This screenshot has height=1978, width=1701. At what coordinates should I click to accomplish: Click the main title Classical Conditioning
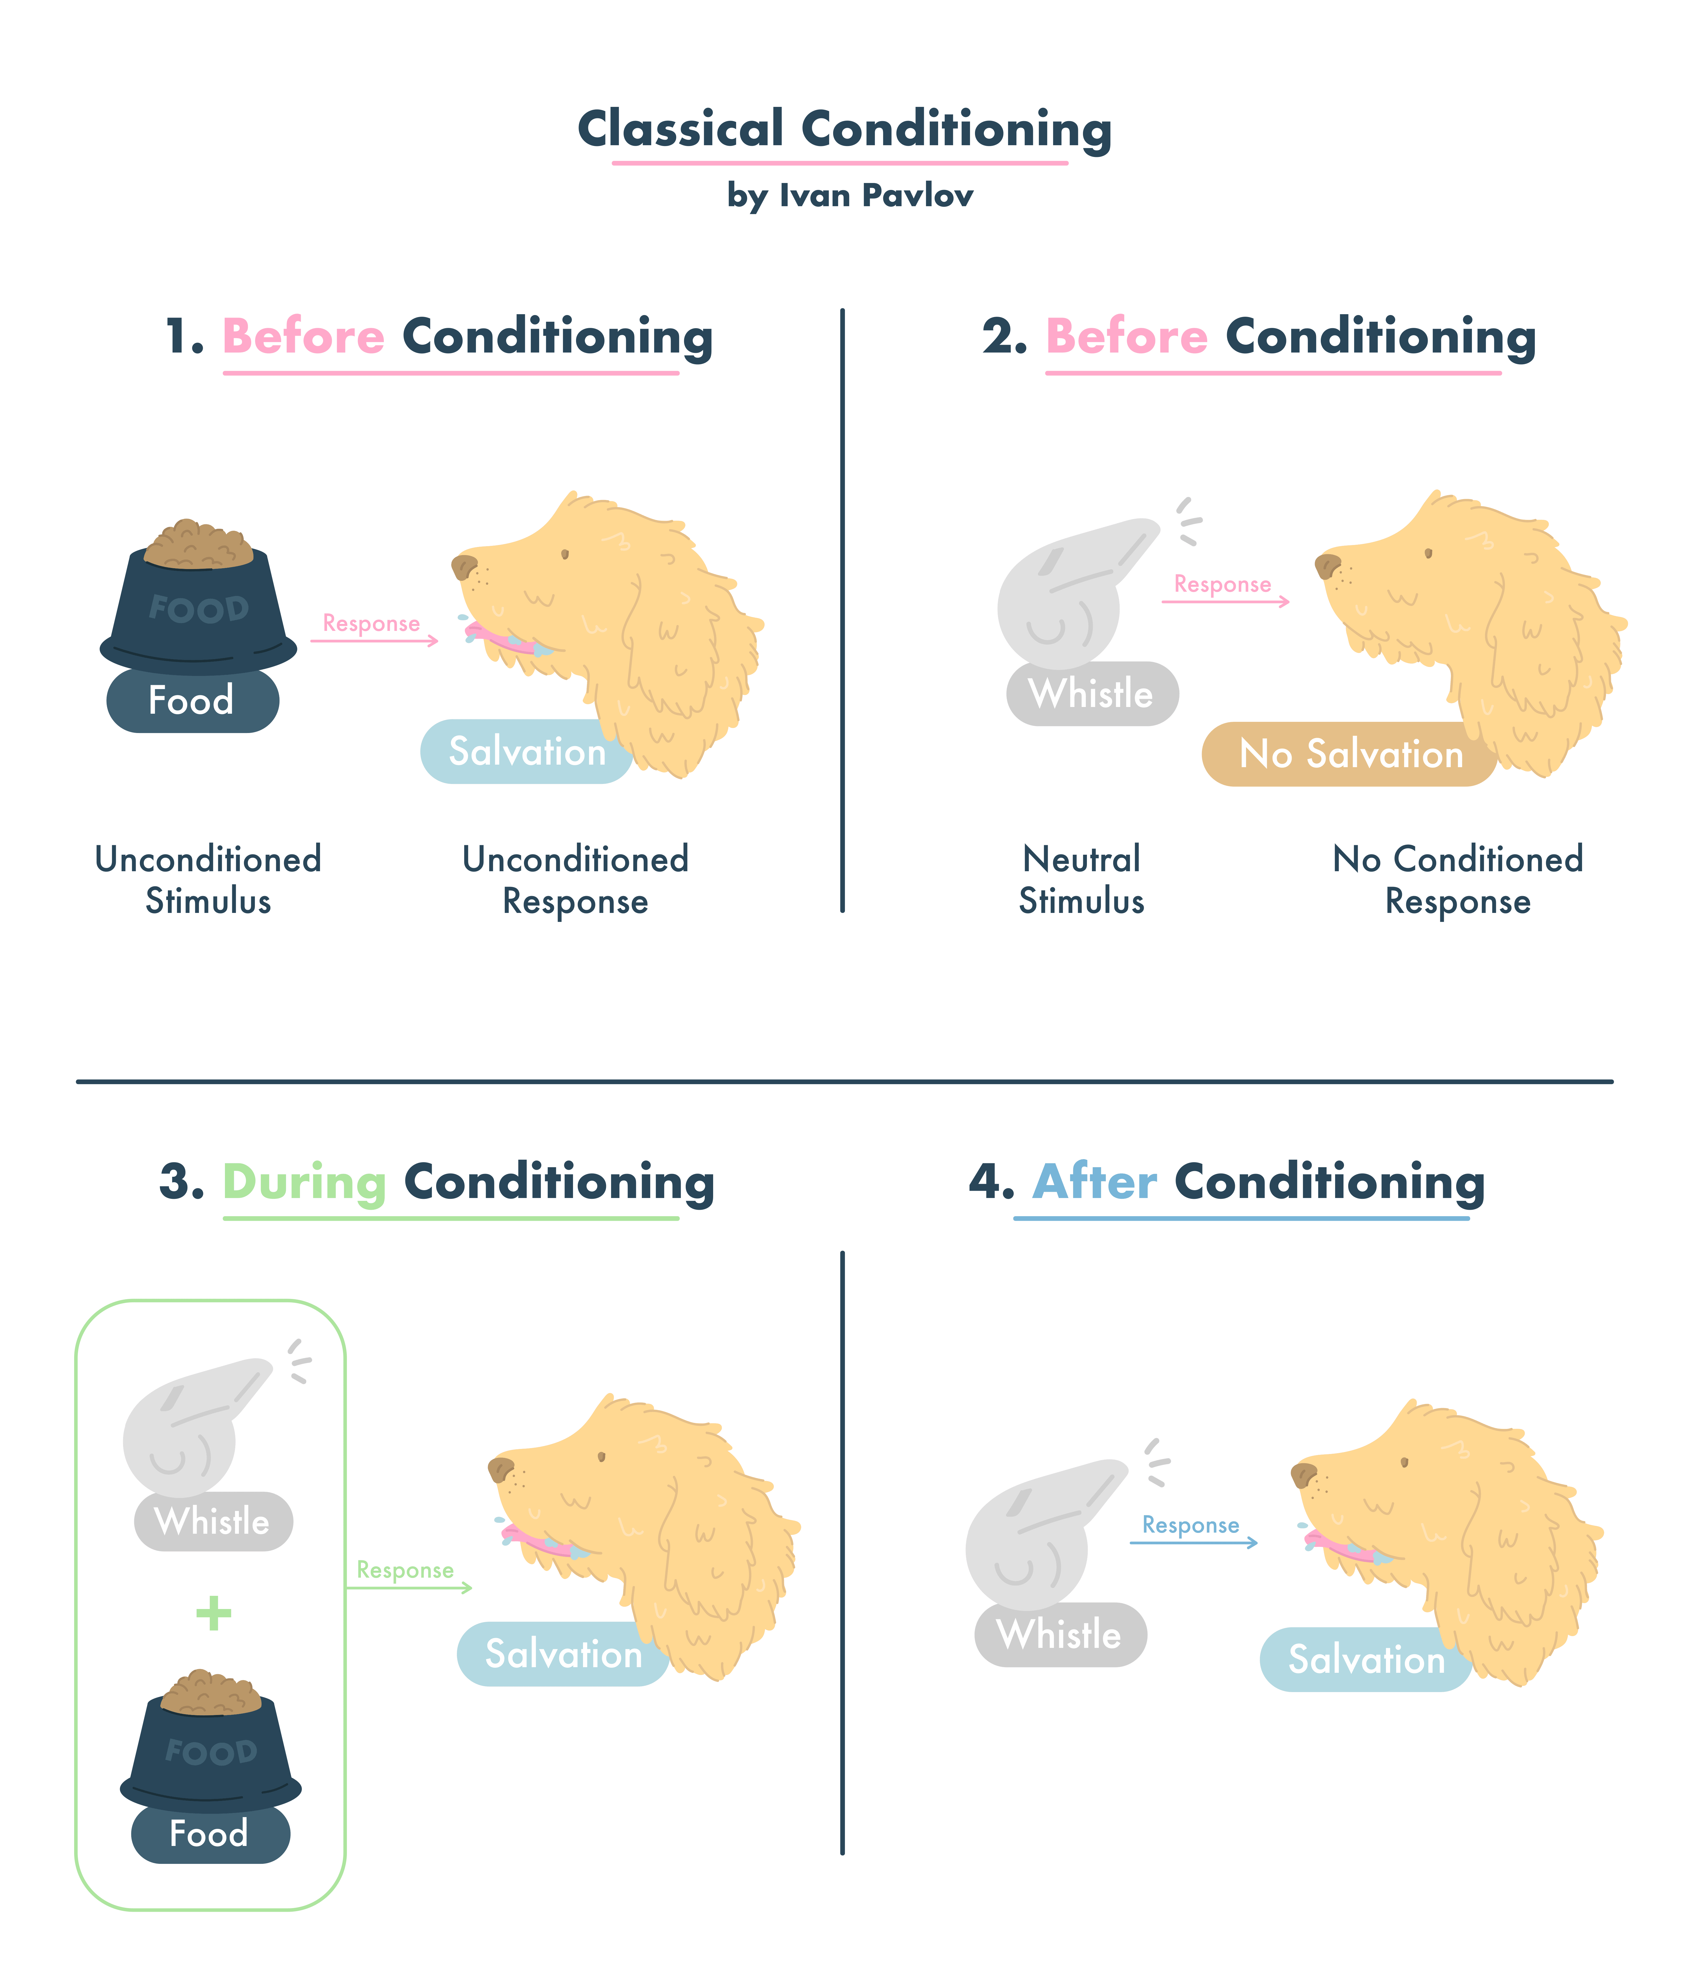845,129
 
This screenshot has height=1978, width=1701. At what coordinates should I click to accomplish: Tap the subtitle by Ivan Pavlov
850,196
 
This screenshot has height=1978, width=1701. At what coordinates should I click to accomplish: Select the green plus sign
213,1613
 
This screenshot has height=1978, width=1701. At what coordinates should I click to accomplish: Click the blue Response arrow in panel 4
1193,1542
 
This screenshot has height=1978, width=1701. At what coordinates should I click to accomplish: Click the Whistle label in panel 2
1091,694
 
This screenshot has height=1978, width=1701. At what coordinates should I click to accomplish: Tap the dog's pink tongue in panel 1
506,640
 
